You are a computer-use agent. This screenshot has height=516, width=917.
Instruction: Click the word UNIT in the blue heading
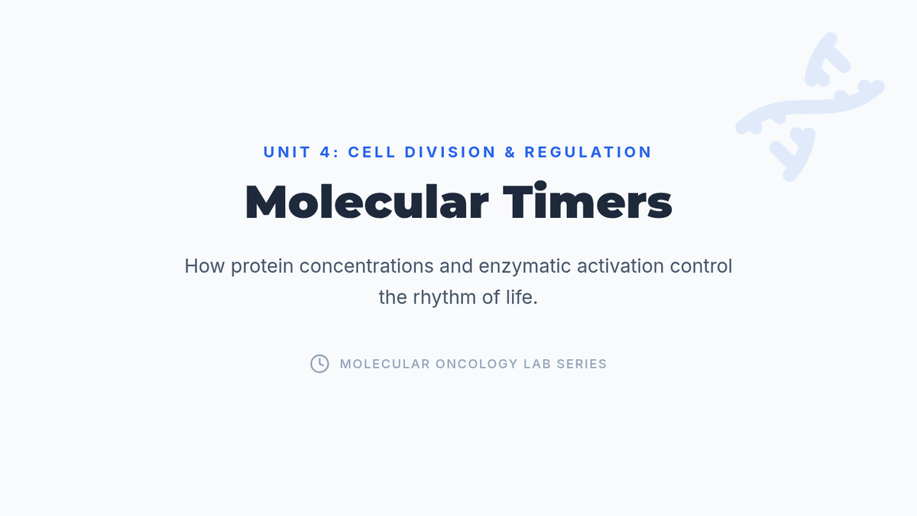tap(287, 152)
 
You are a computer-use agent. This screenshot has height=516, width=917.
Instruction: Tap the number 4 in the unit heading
tap(325, 152)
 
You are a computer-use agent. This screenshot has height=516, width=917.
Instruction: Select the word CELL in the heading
tap(371, 152)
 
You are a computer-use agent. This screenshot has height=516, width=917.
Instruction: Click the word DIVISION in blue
tap(450, 152)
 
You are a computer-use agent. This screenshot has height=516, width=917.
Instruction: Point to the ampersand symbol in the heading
tap(510, 152)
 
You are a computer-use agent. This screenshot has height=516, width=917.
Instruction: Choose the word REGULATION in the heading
tap(588, 152)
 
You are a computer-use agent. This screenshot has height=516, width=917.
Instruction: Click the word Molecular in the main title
tap(367, 202)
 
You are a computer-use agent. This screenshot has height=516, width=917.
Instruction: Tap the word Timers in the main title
tap(587, 200)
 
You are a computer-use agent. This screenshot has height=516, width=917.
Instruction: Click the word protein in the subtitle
tap(262, 267)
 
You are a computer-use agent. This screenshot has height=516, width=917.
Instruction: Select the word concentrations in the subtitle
tap(366, 266)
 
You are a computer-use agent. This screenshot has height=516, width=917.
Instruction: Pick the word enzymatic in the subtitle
tap(524, 267)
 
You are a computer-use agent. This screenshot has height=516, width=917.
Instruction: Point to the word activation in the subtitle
tap(621, 266)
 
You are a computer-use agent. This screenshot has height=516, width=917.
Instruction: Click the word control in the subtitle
tap(701, 266)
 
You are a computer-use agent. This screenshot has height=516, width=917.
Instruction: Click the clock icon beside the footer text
tap(319, 364)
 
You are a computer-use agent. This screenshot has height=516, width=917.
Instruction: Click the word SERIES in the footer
tap(582, 364)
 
